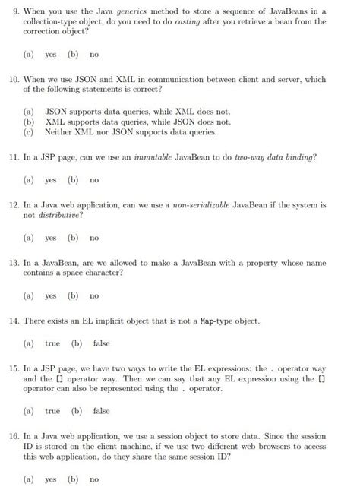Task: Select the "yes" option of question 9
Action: [x=51, y=55]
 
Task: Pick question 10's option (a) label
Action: [x=28, y=111]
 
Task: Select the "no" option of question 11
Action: [x=94, y=180]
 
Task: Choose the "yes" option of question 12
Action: [x=51, y=238]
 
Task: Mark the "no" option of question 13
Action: [x=94, y=295]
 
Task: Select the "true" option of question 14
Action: [x=52, y=344]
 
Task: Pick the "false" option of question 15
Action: [x=101, y=411]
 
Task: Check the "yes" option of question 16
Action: [x=51, y=480]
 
